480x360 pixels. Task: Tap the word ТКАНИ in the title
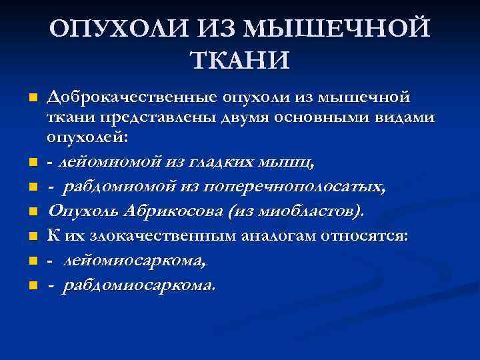tap(240, 60)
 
